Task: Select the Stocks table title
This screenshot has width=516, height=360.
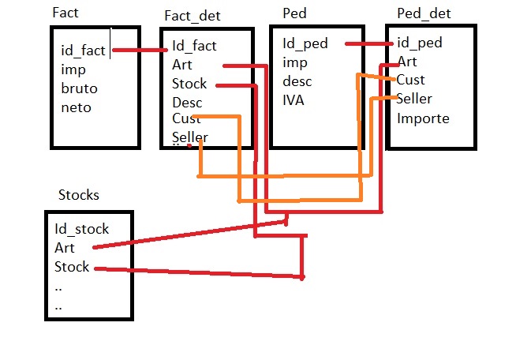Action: click(x=79, y=195)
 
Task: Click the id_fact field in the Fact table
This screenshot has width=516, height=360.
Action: click(x=83, y=51)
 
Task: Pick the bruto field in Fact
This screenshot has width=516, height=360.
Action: click(x=79, y=88)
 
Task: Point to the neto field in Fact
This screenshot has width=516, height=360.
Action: click(x=76, y=107)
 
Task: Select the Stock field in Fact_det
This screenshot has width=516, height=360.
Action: click(x=189, y=84)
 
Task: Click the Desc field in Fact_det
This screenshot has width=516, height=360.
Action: click(x=187, y=103)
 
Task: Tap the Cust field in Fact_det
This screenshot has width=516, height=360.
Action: click(x=185, y=119)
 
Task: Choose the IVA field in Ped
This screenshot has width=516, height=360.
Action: click(x=294, y=99)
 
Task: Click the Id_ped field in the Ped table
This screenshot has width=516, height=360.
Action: click(x=305, y=43)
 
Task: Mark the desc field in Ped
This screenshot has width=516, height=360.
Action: click(x=297, y=81)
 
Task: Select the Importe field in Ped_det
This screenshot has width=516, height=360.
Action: click(x=423, y=118)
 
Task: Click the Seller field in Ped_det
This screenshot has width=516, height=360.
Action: click(x=414, y=99)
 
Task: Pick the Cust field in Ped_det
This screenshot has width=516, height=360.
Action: click(x=411, y=80)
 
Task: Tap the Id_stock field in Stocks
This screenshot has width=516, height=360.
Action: click(x=81, y=230)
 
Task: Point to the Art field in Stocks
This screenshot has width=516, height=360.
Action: click(x=64, y=248)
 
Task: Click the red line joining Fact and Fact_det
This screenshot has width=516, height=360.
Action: click(x=139, y=51)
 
